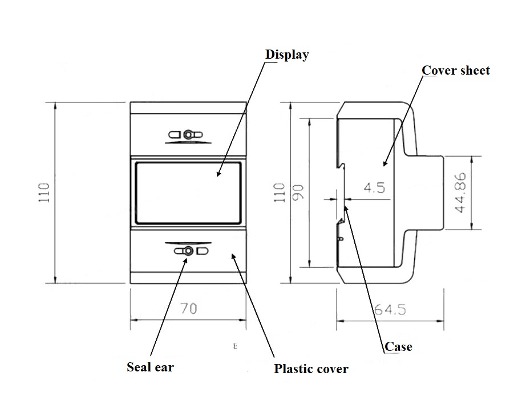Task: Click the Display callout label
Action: coord(287,55)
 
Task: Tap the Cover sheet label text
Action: coord(455,71)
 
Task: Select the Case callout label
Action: coord(398,346)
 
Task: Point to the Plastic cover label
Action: coord(311,369)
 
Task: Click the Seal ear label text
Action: coord(150,367)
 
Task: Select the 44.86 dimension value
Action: coord(460,193)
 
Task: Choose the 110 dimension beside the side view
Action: coord(280,193)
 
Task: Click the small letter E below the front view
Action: coord(234,346)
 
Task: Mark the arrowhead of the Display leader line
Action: coord(217,175)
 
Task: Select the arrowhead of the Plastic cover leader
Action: coord(232,256)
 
